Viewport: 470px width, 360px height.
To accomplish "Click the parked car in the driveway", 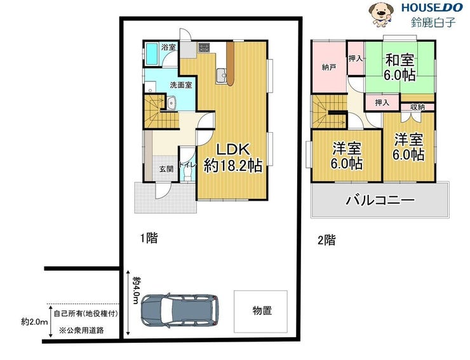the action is click(180, 310).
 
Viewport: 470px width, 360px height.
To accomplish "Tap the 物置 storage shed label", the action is click(262, 311).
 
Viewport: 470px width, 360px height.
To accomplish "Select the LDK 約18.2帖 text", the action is click(233, 157).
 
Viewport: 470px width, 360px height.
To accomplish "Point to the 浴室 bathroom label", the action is click(168, 47).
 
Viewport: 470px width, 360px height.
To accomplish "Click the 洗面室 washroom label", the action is click(181, 85).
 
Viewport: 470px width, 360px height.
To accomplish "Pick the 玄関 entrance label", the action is click(166, 169).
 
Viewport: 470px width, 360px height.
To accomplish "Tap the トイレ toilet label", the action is click(187, 164).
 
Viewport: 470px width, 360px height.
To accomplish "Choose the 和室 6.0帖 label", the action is click(400, 67).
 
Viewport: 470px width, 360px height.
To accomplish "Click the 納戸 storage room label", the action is click(328, 67).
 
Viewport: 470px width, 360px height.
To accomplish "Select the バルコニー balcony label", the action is click(380, 200).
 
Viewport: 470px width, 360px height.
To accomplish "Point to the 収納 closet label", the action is click(417, 107).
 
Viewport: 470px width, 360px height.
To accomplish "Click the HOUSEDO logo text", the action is click(432, 8).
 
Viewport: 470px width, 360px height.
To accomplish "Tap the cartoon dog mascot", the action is click(381, 15).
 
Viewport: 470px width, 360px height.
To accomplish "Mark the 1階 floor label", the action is click(149, 239).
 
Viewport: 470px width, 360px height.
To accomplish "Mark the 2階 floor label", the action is click(326, 240).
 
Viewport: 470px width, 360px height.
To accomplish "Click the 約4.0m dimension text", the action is click(137, 290).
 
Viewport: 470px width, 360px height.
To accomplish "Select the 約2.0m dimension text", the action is click(34, 322).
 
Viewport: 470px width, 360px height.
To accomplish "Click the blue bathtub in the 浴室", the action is click(151, 54).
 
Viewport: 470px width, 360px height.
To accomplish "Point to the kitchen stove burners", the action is click(204, 47).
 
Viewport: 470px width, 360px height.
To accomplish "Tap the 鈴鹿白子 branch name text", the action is click(433, 22).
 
